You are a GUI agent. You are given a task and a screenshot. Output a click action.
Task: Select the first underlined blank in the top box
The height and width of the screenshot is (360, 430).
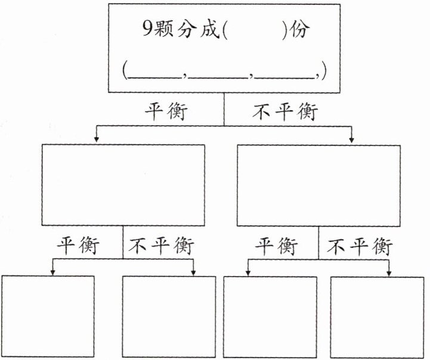(156, 72)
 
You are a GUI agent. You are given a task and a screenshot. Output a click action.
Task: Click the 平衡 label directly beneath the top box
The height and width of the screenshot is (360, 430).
(165, 111)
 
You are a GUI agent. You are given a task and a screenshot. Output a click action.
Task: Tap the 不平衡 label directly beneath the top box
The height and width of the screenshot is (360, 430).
(286, 111)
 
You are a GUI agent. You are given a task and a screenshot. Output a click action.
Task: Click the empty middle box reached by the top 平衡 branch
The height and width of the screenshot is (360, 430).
(123, 185)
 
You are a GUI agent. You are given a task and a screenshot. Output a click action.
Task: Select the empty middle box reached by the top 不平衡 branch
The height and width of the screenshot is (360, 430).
(319, 185)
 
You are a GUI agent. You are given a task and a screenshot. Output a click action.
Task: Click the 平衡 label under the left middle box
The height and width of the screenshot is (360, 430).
(78, 245)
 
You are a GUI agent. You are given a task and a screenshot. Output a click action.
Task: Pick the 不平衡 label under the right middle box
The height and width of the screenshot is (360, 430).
(360, 245)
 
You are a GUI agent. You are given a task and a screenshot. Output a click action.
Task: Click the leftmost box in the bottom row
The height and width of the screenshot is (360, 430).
(48, 316)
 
